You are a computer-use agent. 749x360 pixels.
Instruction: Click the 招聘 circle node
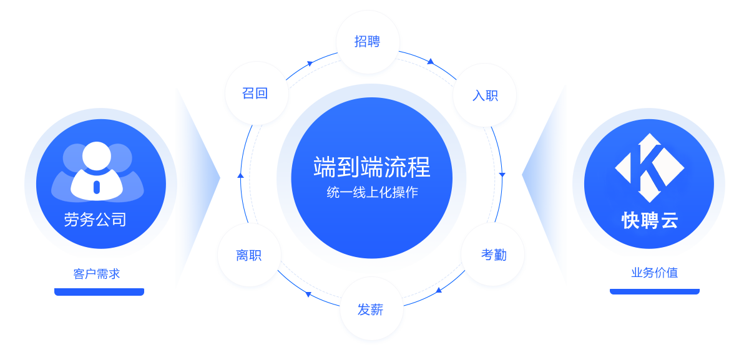tap(367, 42)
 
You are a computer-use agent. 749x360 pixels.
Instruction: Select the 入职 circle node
tap(484, 95)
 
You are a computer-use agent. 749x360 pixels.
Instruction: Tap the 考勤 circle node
tap(493, 255)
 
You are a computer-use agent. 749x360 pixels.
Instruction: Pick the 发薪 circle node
tap(371, 309)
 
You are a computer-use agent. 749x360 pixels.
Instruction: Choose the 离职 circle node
tap(249, 255)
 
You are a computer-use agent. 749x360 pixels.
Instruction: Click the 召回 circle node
tap(255, 94)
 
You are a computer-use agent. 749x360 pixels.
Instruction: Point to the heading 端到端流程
tap(372, 167)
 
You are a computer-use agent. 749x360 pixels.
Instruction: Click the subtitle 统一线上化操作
tap(372, 193)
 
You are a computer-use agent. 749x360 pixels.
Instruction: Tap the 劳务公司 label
tap(95, 220)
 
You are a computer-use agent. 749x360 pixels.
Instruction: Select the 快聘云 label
tap(649, 220)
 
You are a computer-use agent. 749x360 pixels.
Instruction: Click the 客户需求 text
tap(96, 274)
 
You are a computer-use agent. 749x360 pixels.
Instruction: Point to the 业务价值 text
tap(654, 273)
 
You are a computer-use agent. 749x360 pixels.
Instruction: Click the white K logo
tap(649, 167)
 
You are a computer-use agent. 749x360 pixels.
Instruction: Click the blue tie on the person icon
tap(96, 187)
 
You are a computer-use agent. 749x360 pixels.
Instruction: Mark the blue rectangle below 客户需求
tap(93, 316)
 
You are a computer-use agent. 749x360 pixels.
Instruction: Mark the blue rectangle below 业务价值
tap(655, 316)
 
